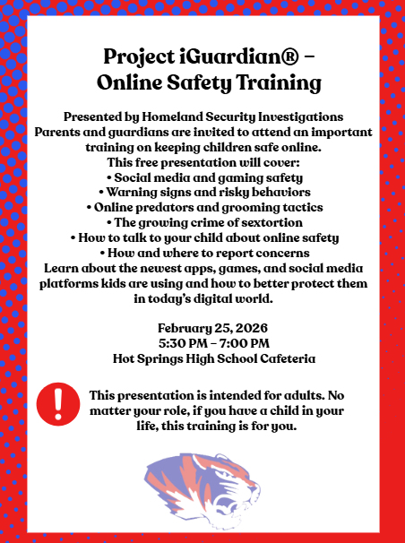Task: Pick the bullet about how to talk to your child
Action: click(204, 237)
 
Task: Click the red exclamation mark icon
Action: click(58, 401)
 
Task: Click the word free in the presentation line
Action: click(144, 162)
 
